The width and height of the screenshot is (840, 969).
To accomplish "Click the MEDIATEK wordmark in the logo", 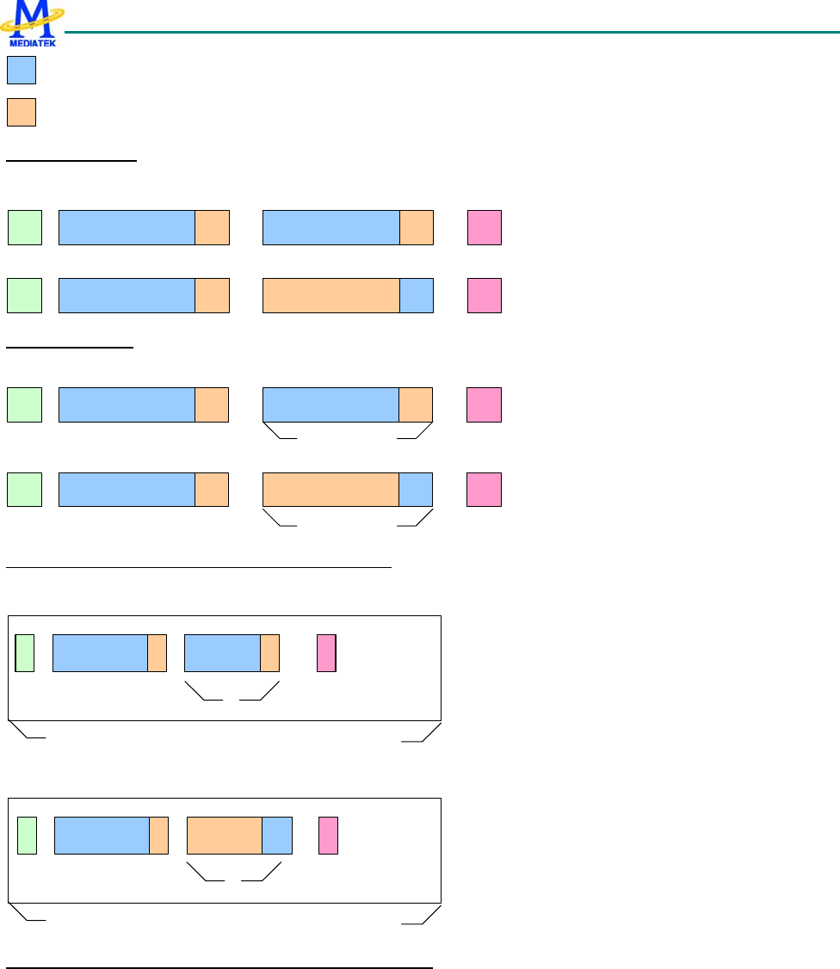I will [31, 40].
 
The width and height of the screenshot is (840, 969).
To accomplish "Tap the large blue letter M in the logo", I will [32, 17].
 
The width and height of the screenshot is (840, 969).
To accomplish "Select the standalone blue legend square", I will [22, 71].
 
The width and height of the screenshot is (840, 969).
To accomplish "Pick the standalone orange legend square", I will [22, 113].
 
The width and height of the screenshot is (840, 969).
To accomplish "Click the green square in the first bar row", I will [25, 227].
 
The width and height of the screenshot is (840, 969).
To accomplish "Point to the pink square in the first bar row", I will [485, 227].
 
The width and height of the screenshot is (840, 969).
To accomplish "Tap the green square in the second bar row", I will [25, 295].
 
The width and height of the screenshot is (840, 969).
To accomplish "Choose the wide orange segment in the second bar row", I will [331, 295].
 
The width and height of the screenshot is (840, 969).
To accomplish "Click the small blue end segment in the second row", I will [417, 295].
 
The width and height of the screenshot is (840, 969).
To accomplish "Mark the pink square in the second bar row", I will [485, 295].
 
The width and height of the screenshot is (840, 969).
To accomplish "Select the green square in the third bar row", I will [24, 405].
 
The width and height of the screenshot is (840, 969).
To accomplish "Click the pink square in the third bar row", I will [484, 405].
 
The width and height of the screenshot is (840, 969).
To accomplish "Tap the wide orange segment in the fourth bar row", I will [330, 490].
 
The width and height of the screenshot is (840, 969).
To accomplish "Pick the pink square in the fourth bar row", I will [484, 490].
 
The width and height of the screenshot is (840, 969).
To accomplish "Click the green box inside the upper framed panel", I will [25, 652].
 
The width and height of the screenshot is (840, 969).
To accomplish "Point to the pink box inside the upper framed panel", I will [326, 652].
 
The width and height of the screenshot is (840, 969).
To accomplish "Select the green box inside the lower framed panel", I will [27, 836].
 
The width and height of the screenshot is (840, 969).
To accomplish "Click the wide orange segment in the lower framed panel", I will [225, 836].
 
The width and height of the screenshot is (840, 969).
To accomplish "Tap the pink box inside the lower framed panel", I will [328, 836].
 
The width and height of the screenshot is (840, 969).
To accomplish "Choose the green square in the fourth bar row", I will [24, 490].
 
